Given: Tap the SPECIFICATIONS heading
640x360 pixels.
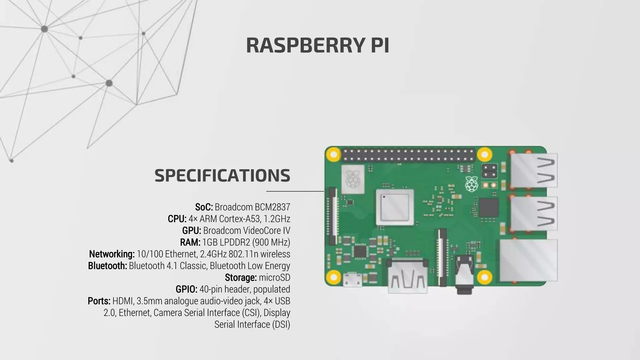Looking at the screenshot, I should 222,175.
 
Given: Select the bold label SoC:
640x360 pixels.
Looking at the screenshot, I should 204,207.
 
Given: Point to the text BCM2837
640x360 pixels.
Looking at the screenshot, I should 272,207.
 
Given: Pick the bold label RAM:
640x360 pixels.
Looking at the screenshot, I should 190,242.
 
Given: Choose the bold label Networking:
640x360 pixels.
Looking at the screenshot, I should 112,254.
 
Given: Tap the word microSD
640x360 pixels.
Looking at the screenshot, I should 274,277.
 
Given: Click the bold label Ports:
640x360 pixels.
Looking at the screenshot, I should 99,301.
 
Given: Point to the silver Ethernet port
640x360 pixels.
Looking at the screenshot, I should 528,260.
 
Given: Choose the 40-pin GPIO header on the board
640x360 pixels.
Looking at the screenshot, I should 408,155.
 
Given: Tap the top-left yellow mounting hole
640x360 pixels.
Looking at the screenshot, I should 333,154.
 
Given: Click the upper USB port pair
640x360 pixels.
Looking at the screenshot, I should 534,170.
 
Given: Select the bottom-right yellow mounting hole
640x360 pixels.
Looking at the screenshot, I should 484,277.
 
